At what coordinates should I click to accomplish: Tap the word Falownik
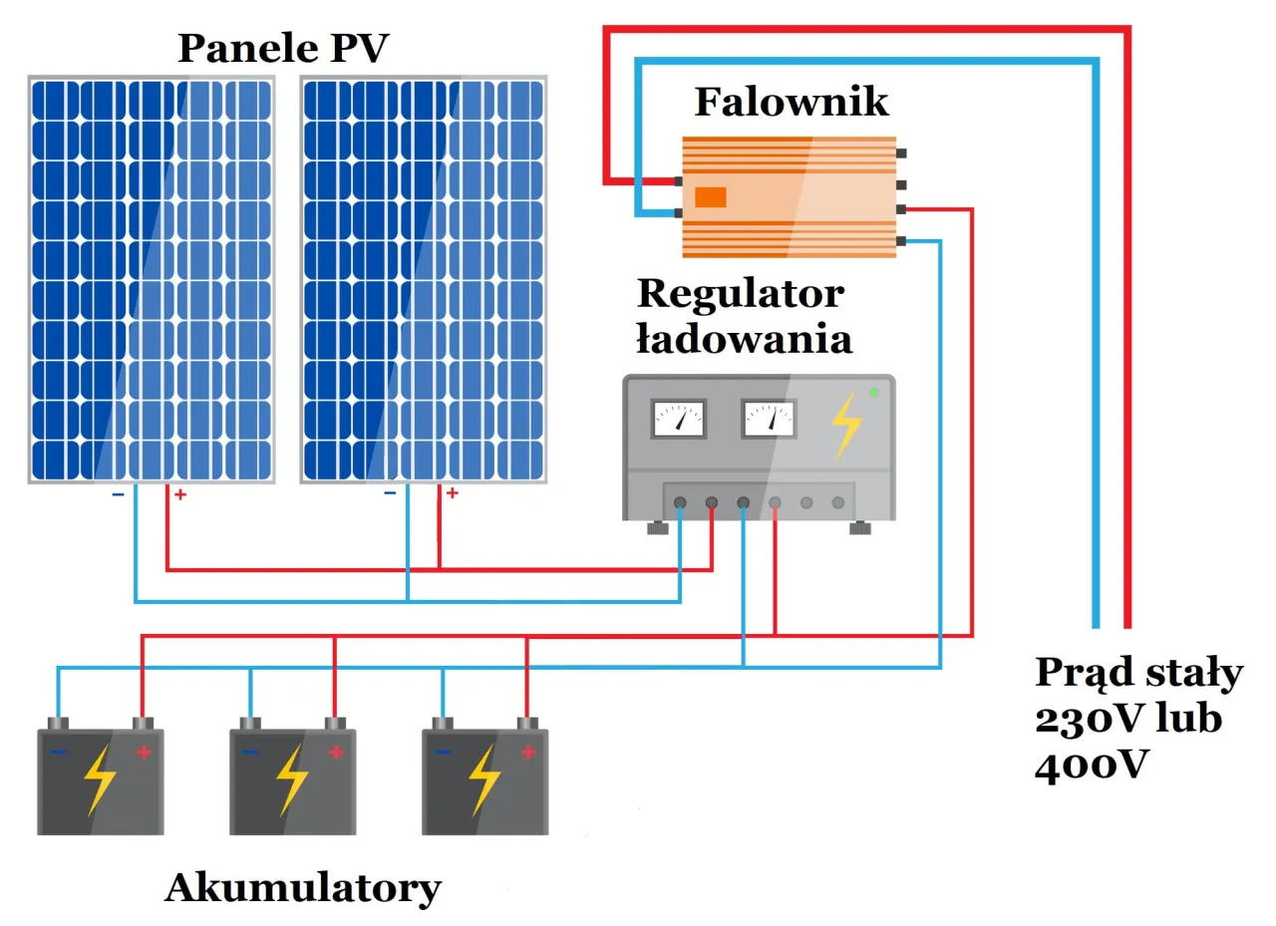point(791,102)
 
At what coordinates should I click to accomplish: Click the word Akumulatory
point(302,887)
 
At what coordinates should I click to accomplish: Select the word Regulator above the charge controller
point(740,293)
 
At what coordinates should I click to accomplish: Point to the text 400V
point(1092,766)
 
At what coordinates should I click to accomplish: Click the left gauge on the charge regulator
point(678,419)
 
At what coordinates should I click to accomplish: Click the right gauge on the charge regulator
point(769,419)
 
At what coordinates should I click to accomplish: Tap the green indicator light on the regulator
point(874,393)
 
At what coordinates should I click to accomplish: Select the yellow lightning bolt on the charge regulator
point(846,425)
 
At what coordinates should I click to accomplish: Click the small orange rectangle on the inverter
point(710,197)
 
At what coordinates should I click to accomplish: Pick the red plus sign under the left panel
point(180,494)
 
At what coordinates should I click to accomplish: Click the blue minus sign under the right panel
point(390,492)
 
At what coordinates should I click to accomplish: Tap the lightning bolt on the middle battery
point(292,779)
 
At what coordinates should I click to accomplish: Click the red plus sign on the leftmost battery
point(144,753)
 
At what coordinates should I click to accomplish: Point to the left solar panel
point(151,279)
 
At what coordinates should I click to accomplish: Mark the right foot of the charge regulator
point(860,528)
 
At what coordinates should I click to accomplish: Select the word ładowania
point(744,339)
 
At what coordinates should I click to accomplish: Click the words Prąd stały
point(1137,673)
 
